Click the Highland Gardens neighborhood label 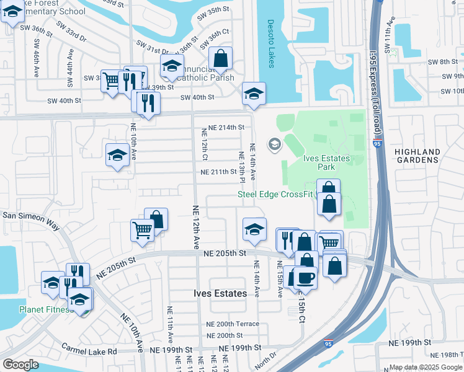pos(417,156)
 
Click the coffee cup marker pos(306,277)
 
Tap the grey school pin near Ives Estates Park pos(274,144)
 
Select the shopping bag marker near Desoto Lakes pos(220,59)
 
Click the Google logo pos(20,364)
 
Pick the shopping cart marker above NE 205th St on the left pos(143,230)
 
